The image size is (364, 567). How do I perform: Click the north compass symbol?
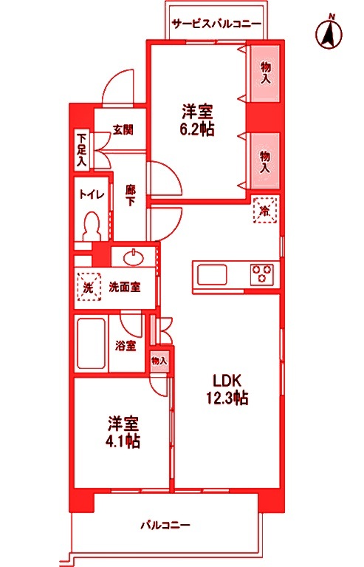coord(329,33)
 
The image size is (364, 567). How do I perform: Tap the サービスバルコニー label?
coord(216,24)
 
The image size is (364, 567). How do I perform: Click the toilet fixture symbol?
coord(92,225)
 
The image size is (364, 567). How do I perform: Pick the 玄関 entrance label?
coord(122,129)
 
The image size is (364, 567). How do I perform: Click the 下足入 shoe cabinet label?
coord(81,148)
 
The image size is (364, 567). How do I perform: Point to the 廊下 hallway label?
coord(131,194)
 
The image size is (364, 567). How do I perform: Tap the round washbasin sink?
coord(134,258)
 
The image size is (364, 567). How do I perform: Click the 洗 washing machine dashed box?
coord(88,287)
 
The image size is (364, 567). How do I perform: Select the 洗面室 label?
coord(125,287)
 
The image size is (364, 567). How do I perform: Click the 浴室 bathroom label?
coord(125,345)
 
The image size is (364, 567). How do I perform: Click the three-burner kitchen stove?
coord(261,275)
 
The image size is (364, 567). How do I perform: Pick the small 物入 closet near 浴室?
coord(159,361)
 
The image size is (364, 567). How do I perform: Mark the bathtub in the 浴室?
coord(92,344)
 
